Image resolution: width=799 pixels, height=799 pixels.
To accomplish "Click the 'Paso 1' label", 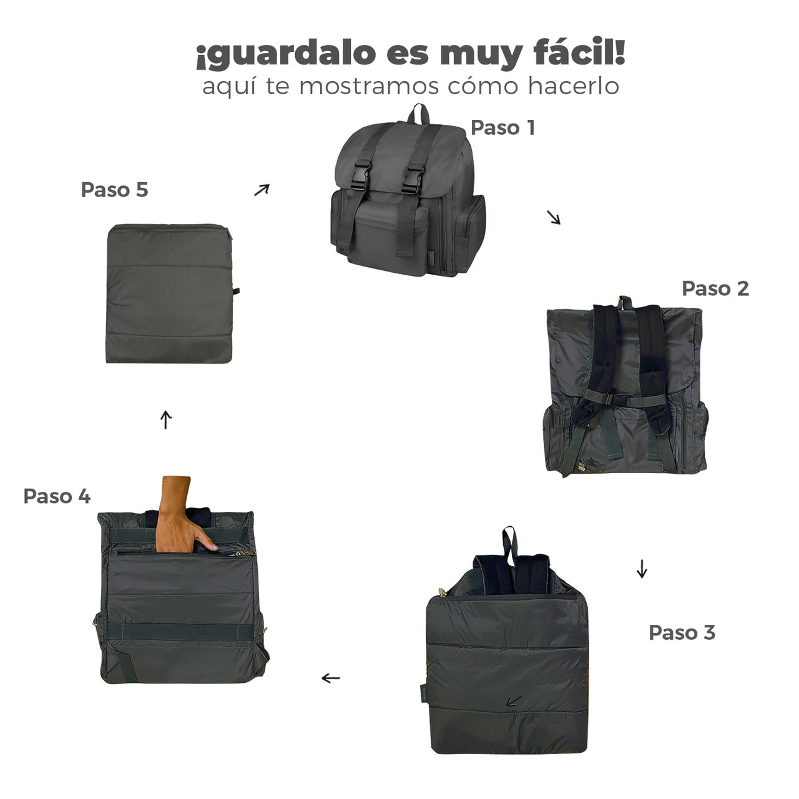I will click(502, 128).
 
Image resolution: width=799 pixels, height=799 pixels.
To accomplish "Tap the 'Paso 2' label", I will click(715, 288).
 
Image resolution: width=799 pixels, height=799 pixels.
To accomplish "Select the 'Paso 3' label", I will click(682, 632).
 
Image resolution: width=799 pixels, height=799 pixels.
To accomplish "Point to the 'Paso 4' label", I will click(57, 496).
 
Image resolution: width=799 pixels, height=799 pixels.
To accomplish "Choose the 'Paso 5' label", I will click(114, 190).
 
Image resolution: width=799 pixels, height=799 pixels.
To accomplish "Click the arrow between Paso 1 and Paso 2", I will click(554, 217).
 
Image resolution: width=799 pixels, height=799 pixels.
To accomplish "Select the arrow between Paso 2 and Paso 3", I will click(642, 569).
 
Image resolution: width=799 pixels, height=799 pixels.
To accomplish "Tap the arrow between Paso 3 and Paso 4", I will click(331, 678).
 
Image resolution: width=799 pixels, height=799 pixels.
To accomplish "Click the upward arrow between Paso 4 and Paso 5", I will click(165, 419).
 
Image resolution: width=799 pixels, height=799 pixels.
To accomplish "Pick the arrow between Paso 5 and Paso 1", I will click(262, 190).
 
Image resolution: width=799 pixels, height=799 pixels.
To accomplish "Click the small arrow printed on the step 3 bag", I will click(513, 702).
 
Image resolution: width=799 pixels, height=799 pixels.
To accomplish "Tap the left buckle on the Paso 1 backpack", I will click(360, 178).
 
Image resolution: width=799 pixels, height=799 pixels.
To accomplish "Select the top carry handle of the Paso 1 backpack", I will click(419, 114).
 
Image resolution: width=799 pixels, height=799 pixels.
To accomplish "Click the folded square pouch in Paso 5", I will click(170, 294).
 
